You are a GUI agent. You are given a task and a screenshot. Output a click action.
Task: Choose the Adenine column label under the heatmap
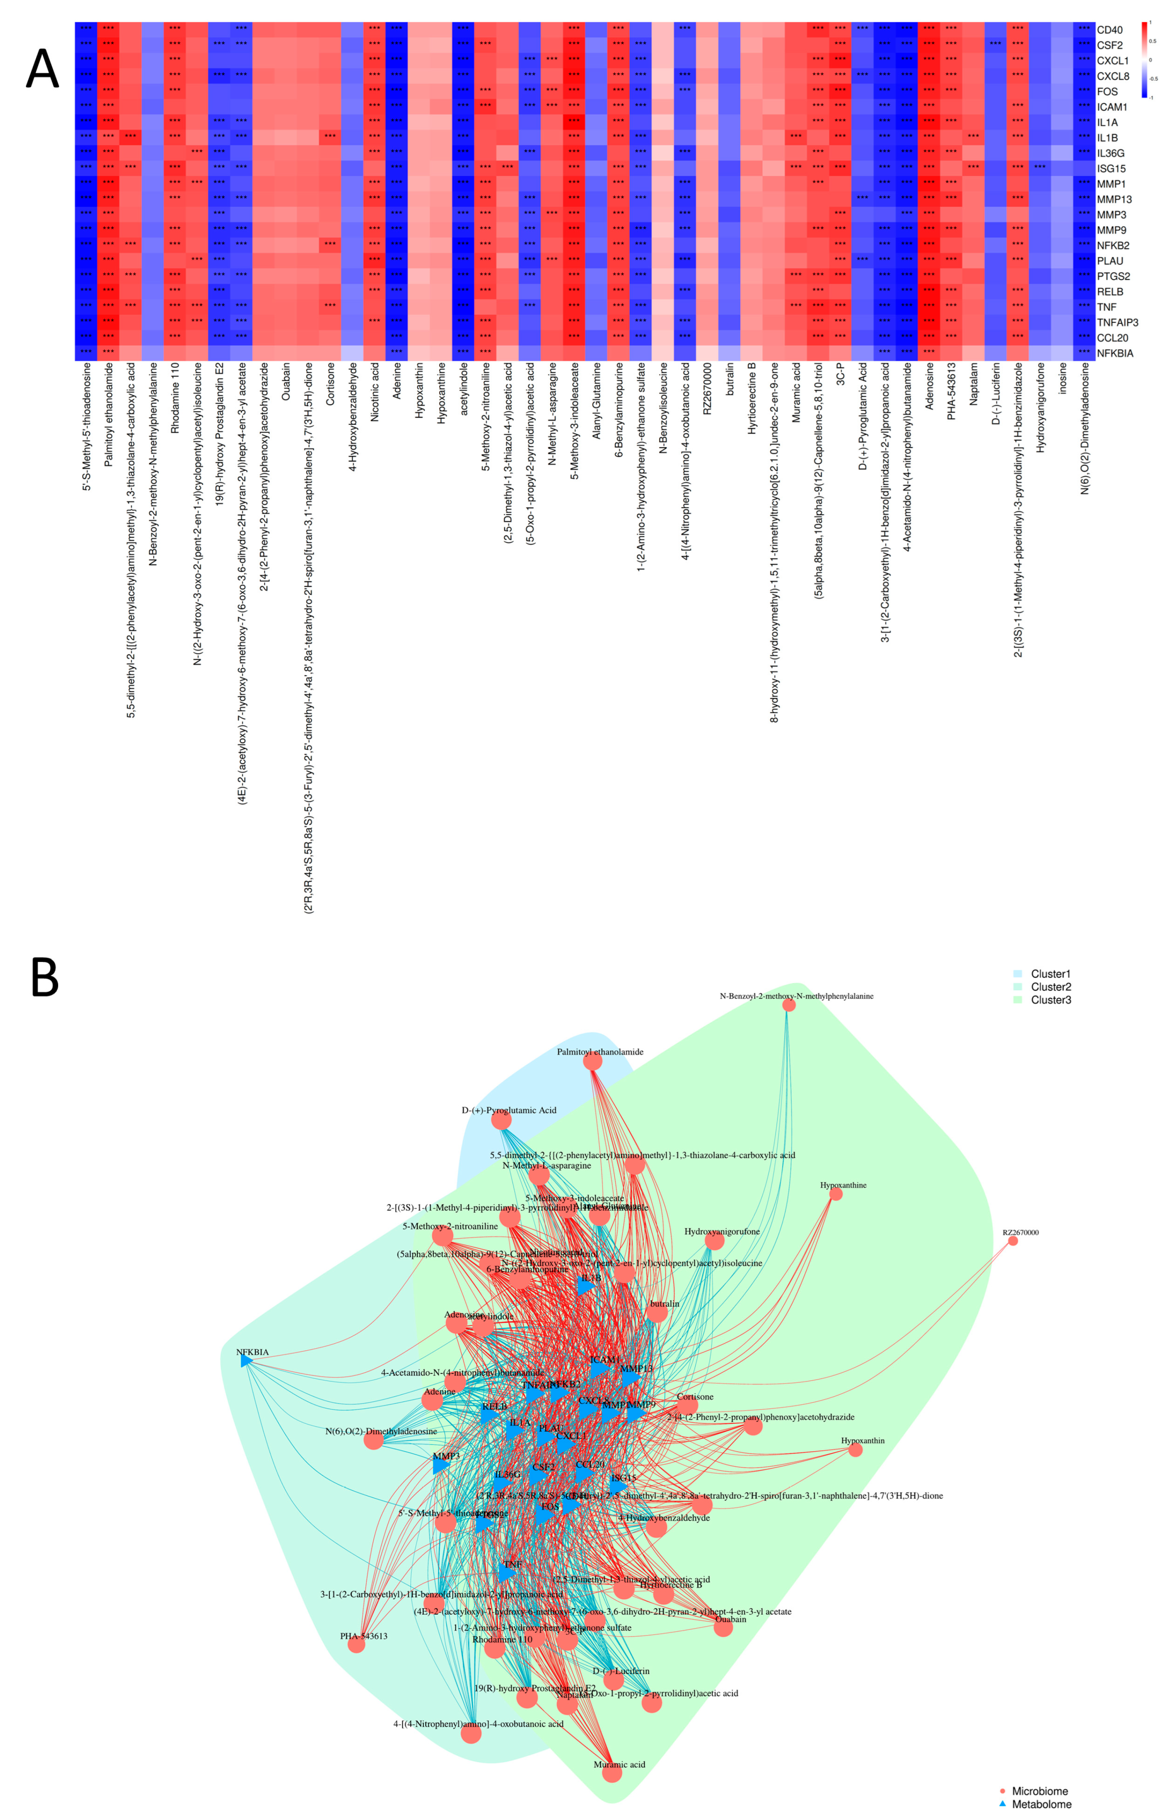pyautogui.click(x=396, y=380)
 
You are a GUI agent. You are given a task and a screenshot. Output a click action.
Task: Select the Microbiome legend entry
pyautogui.click(x=1039, y=1791)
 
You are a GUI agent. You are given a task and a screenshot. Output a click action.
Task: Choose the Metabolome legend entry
pyautogui.click(x=1040, y=1804)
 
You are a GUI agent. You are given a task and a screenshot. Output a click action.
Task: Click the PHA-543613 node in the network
pyautogui.click(x=356, y=1645)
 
